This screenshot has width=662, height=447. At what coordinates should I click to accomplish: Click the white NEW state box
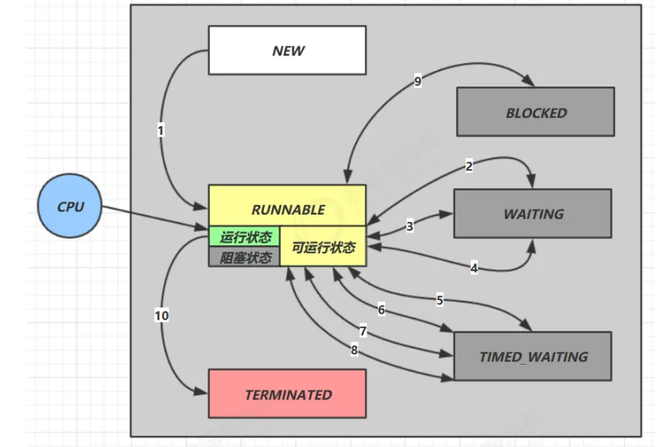click(287, 50)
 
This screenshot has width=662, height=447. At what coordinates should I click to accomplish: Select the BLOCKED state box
click(536, 112)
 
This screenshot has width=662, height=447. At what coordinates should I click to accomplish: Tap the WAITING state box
click(533, 214)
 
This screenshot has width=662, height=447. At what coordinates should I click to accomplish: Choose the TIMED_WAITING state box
click(533, 356)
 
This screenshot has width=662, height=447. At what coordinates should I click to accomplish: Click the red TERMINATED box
click(287, 394)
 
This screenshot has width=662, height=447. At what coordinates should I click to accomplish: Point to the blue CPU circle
click(70, 207)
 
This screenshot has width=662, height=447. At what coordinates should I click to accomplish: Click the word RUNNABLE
click(287, 209)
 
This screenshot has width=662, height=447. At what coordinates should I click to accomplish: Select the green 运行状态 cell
click(245, 237)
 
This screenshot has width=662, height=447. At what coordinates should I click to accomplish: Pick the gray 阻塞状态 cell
click(245, 257)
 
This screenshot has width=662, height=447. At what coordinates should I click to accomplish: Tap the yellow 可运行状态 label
click(323, 247)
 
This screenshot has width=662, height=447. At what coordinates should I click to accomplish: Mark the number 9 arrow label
click(417, 81)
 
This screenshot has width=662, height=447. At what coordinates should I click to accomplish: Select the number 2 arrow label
click(469, 166)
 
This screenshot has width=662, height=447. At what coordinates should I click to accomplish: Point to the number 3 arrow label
click(409, 227)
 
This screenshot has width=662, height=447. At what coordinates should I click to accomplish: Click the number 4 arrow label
click(474, 268)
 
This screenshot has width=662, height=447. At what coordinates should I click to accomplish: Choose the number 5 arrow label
click(440, 300)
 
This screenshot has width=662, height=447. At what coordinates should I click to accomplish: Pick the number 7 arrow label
click(363, 331)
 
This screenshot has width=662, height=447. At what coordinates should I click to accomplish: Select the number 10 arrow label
click(161, 315)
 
